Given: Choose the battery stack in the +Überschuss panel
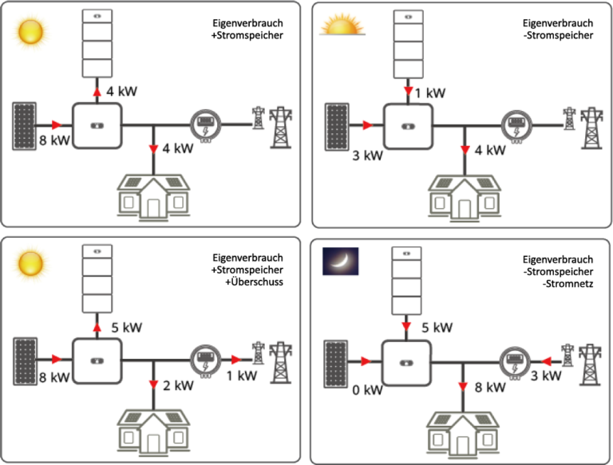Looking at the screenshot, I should [98, 279].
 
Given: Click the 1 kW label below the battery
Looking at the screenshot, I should [430, 93].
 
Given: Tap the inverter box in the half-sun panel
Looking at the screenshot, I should [407, 125].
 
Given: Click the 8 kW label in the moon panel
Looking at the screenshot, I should [490, 388].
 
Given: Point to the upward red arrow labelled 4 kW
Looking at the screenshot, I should [98, 91].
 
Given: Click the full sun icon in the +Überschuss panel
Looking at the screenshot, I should [30, 262].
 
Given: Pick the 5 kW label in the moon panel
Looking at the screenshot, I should [437, 327].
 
